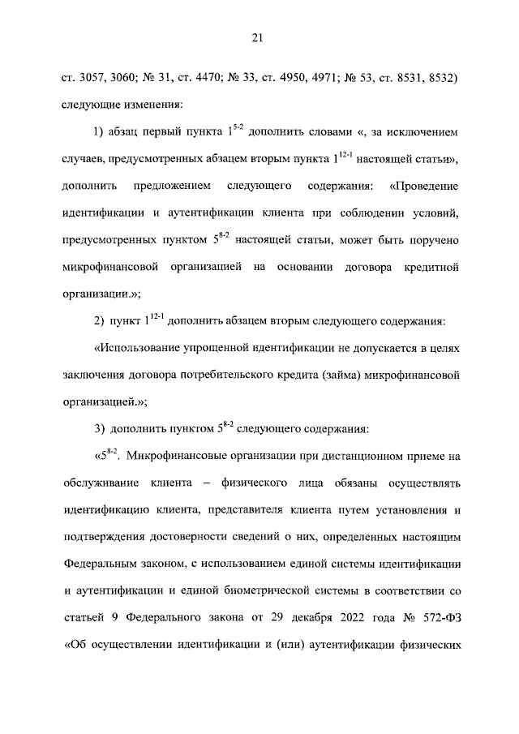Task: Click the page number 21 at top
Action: click(x=259, y=36)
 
